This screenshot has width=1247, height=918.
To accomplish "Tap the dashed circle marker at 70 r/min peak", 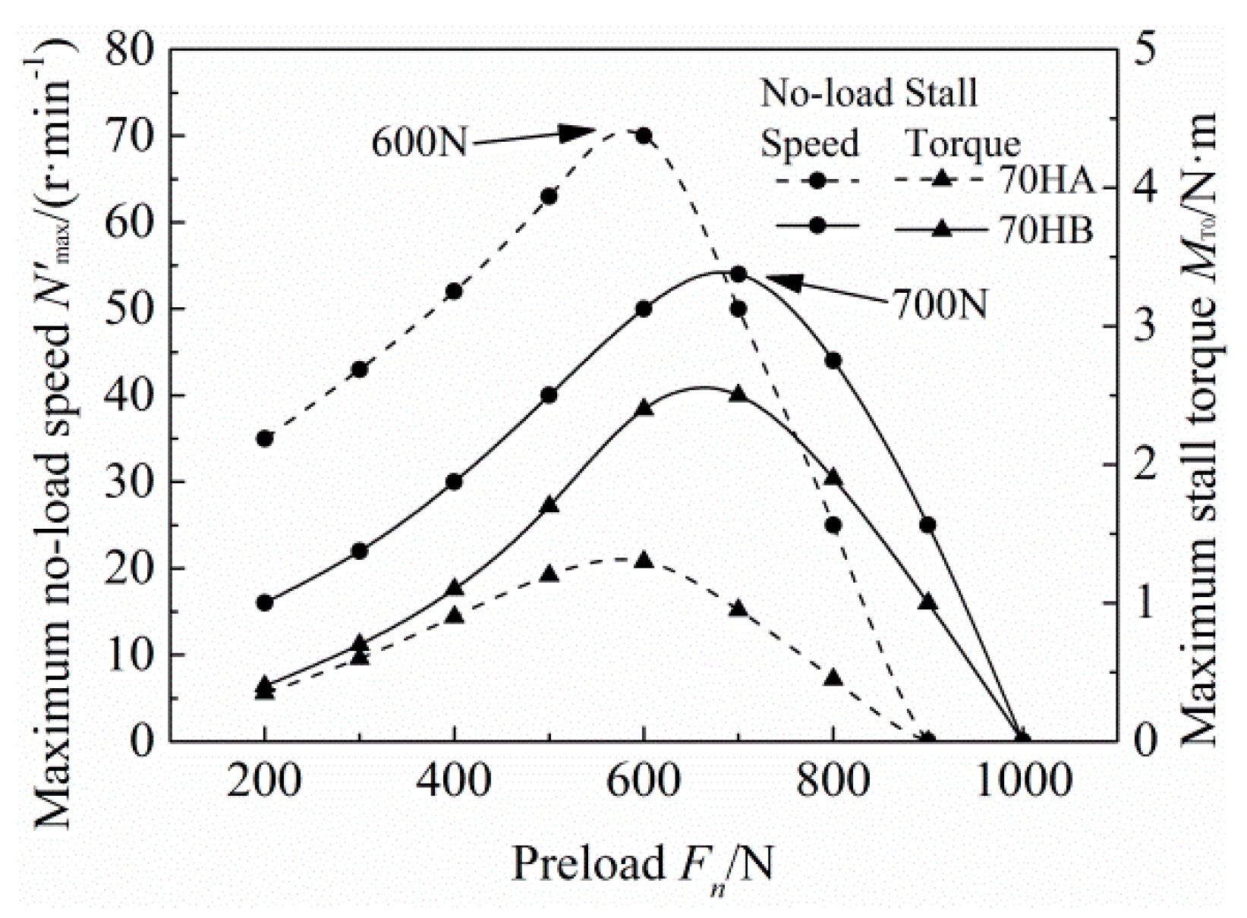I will tap(644, 136).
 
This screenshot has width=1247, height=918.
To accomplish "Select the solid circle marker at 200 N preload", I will tap(264, 603).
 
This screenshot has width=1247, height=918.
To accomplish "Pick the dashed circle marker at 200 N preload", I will tap(264, 439).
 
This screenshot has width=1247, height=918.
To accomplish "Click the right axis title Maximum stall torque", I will tap(1201, 429).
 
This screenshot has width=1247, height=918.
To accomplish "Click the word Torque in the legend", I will tap(964, 143).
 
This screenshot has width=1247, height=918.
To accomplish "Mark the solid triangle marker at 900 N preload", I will tap(927, 602).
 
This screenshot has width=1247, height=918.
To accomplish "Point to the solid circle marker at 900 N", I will tap(927, 525).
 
